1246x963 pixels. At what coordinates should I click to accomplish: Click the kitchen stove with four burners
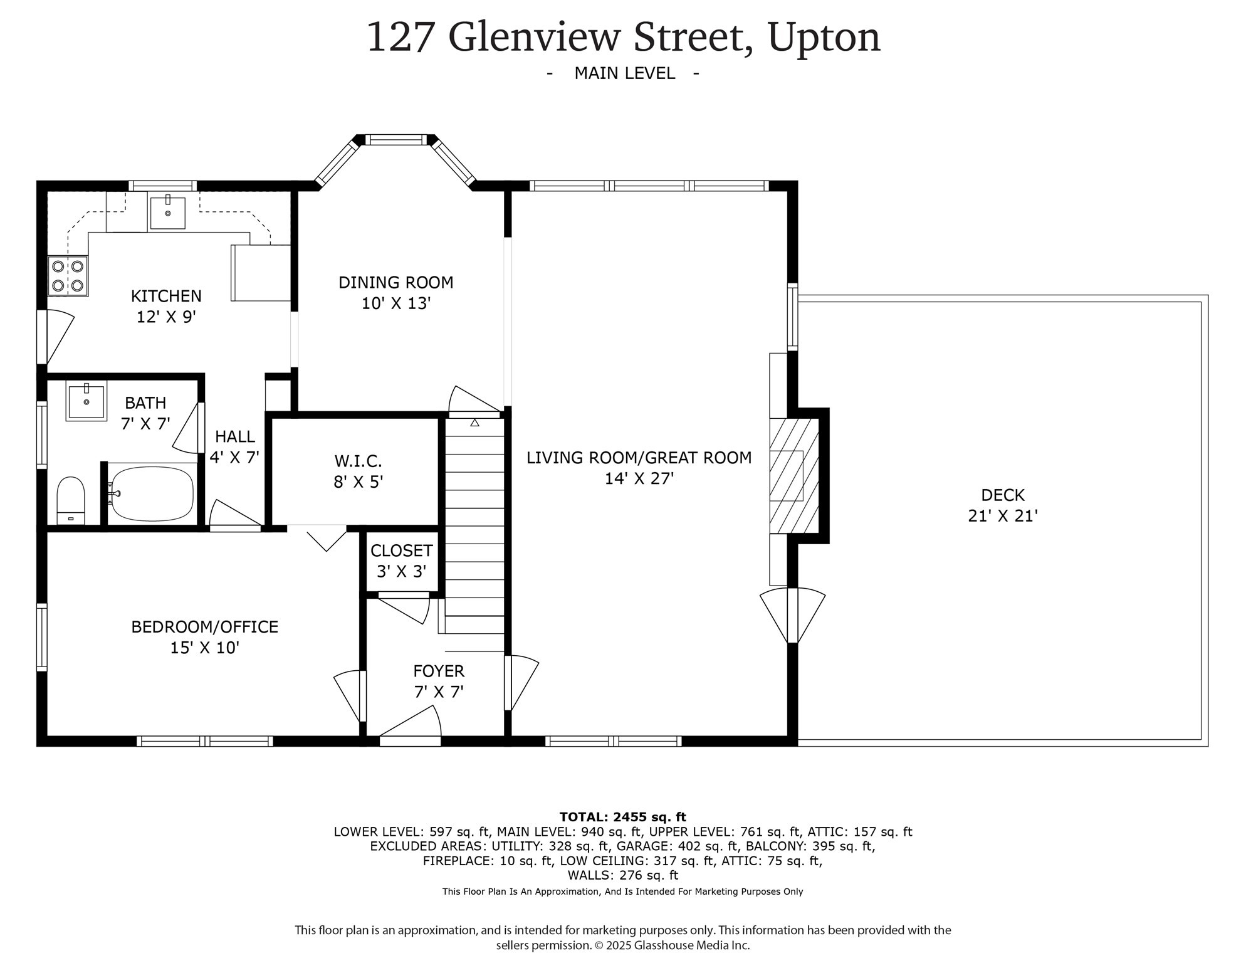click(68, 276)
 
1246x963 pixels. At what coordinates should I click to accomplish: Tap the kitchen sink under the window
click(168, 213)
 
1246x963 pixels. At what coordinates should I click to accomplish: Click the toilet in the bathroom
click(71, 498)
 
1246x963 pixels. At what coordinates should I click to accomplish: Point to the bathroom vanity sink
click(86, 400)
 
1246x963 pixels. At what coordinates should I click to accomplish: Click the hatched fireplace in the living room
click(794, 475)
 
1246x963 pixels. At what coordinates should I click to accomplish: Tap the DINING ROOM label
click(395, 283)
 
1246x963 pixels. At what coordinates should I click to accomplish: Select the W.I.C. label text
click(358, 461)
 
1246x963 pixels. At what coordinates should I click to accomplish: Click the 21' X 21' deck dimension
click(1003, 516)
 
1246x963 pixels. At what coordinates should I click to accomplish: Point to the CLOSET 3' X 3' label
click(401, 561)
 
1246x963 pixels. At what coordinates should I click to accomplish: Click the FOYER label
click(439, 671)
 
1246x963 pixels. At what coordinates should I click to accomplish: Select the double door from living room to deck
click(792, 616)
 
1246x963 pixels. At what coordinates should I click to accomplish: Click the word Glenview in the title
click(534, 37)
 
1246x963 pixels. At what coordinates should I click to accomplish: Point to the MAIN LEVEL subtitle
click(624, 73)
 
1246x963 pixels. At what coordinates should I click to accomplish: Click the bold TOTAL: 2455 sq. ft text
click(622, 817)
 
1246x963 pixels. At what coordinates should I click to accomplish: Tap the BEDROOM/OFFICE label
click(204, 627)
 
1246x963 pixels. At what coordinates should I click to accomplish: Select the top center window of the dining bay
click(395, 140)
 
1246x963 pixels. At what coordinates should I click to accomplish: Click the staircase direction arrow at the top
click(474, 423)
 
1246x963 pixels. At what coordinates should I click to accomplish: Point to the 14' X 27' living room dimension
click(639, 479)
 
